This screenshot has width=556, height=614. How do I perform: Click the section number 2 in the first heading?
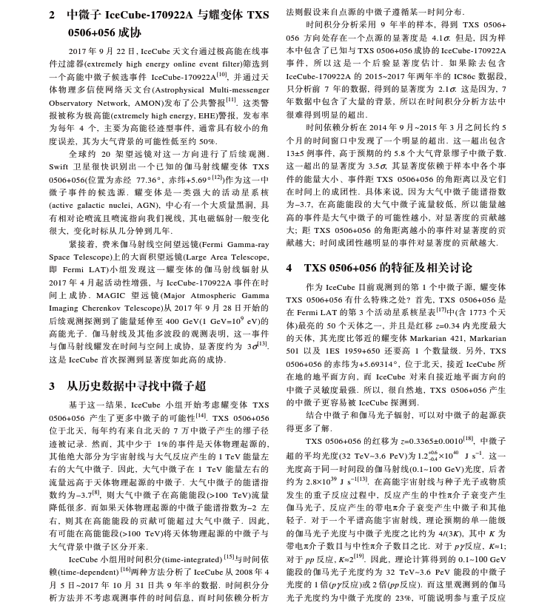pyautogui.click(x=53, y=14)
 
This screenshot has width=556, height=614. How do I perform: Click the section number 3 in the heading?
pyautogui.click(x=53, y=385)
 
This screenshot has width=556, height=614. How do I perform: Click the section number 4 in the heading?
pyautogui.click(x=289, y=267)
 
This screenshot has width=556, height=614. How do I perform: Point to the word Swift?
pyautogui.click(x=59, y=167)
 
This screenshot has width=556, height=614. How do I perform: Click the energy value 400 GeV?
pyautogui.click(x=181, y=321)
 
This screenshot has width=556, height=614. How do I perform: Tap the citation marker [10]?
pyautogui.click(x=221, y=74)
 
